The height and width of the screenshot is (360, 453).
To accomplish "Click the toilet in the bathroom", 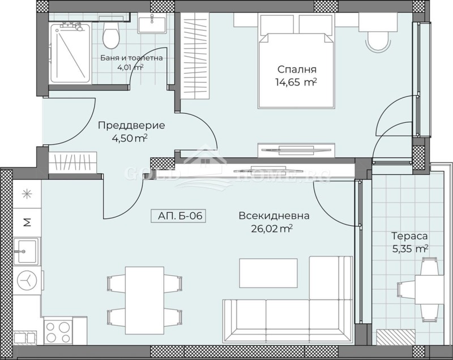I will pos(111,37).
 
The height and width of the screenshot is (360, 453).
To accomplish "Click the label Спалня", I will pos(297,70).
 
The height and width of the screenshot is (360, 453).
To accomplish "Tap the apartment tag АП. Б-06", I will pos(177,216).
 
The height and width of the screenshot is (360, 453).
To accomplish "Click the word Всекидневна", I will pos(273,216).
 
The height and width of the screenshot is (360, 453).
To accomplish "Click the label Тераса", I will pos(409,235).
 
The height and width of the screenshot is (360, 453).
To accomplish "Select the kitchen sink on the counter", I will pos(26,251).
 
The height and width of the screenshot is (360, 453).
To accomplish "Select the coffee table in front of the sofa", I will pos(268,273).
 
